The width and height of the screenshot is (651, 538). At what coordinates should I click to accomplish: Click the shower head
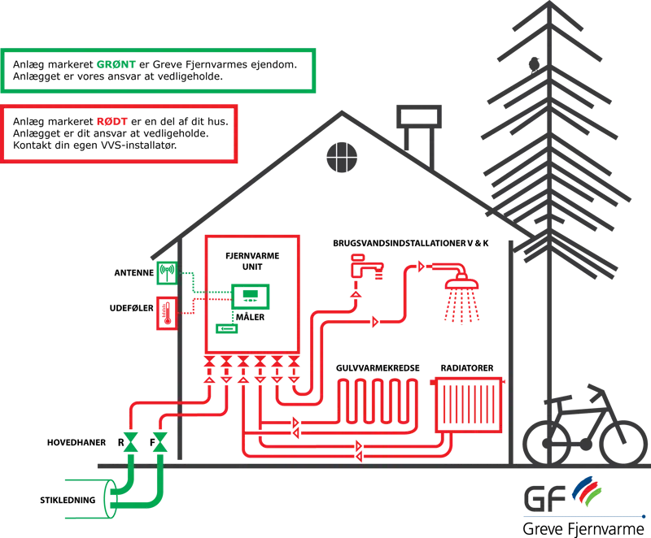(460, 289)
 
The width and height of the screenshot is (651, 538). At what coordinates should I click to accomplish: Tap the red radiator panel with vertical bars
(470, 405)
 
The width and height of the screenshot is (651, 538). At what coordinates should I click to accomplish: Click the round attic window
(343, 156)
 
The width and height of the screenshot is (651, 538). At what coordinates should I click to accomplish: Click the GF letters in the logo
(543, 495)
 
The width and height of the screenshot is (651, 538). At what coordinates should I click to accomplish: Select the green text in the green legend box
(115, 65)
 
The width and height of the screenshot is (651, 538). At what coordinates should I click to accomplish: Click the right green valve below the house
(159, 443)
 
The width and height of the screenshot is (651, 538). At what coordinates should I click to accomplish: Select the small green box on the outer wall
(167, 272)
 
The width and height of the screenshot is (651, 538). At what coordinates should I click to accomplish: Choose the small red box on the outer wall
(165, 313)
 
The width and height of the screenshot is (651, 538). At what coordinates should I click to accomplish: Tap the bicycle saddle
(561, 397)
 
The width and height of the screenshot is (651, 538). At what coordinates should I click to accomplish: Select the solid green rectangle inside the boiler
(226, 329)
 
